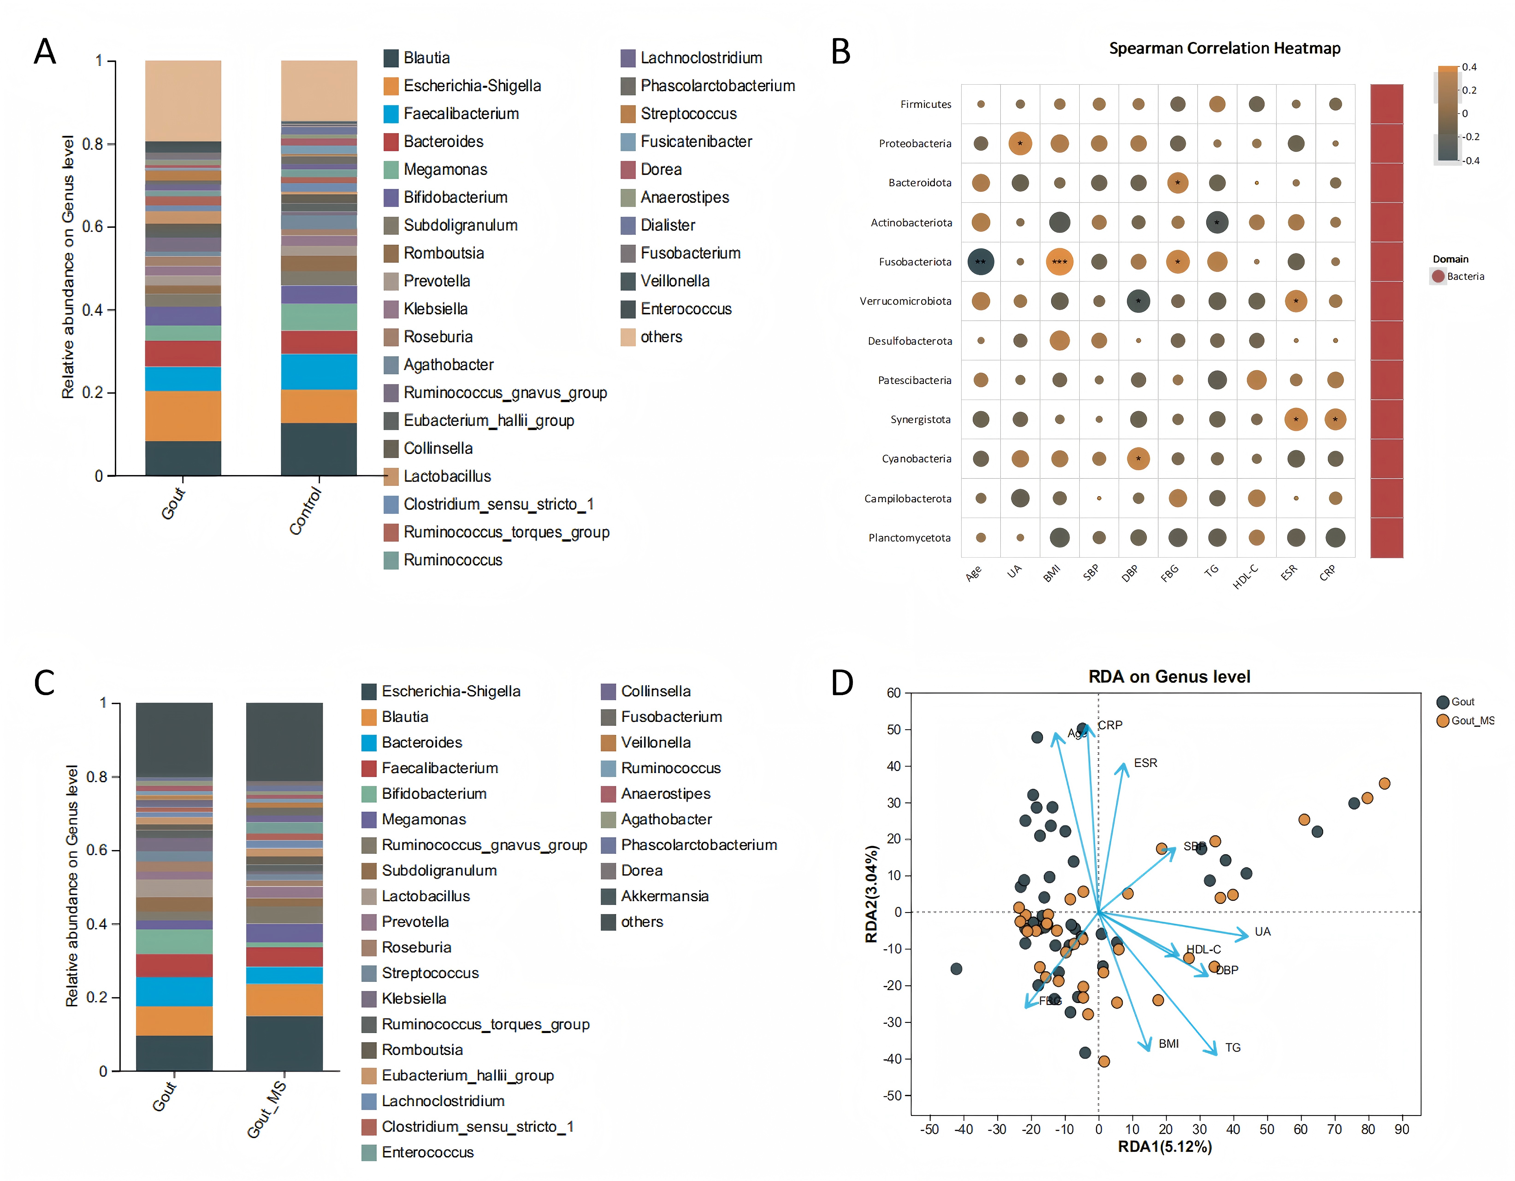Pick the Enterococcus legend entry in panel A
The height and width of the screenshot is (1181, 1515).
click(x=685, y=309)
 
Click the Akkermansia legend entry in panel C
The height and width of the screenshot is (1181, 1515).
click(x=664, y=896)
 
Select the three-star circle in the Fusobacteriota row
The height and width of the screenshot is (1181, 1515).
click(x=1059, y=262)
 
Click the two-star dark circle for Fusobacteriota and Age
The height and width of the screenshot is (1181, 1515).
click(x=980, y=262)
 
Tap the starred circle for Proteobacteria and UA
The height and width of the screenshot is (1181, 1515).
click(x=1020, y=144)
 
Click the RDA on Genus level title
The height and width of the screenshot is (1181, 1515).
click(x=1169, y=677)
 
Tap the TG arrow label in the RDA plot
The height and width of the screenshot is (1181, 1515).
click(x=1233, y=1047)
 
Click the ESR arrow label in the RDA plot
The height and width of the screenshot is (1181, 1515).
click(x=1145, y=763)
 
